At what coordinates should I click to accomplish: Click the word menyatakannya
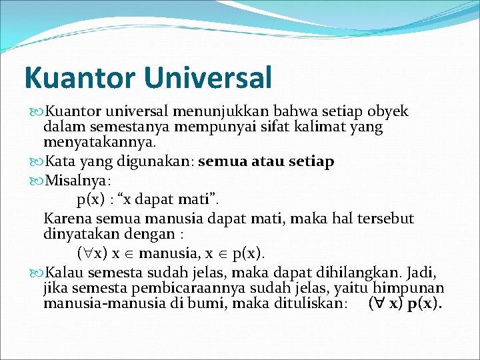(99, 141)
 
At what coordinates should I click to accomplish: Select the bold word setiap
(313, 162)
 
